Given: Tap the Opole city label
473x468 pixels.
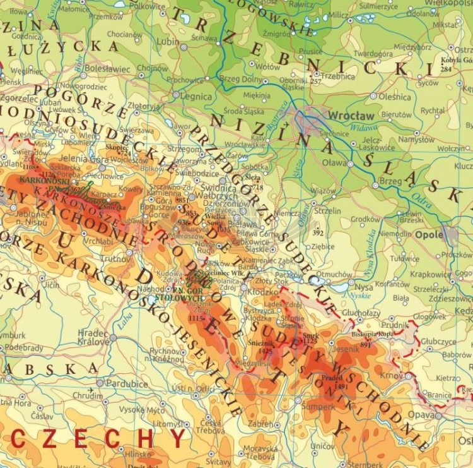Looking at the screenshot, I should click(x=429, y=234).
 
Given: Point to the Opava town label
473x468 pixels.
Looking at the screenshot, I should click(x=420, y=414).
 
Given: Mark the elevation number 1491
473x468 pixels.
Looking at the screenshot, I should click(x=342, y=387).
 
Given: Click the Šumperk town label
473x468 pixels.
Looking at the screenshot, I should click(x=318, y=407).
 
